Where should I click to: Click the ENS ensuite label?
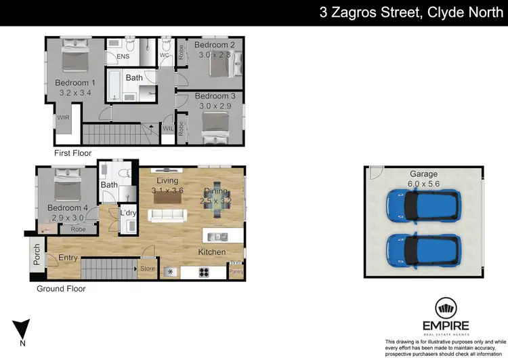(123, 56)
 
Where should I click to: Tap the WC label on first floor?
(164, 55)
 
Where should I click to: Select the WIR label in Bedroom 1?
(62, 117)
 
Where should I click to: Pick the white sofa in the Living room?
(167, 215)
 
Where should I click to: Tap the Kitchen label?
(211, 252)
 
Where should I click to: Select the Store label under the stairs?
(147, 269)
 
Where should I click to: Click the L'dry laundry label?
(127, 214)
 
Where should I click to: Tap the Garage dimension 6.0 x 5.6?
(424, 183)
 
